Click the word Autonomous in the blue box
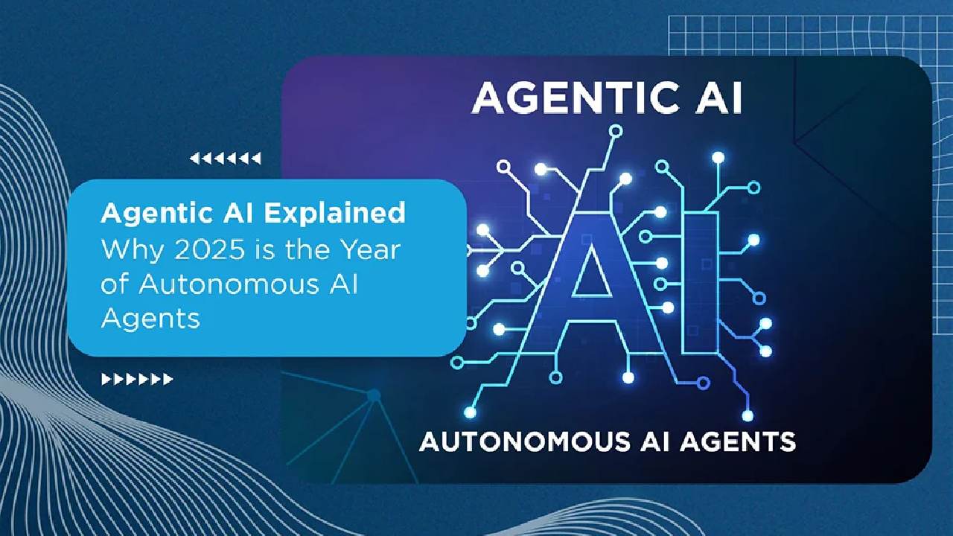pos(222,284)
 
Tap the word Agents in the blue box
pos(150,318)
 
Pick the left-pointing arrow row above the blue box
pos(225,158)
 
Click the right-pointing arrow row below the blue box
pos(137,380)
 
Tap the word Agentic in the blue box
pos(150,214)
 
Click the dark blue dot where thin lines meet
pos(374,395)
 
